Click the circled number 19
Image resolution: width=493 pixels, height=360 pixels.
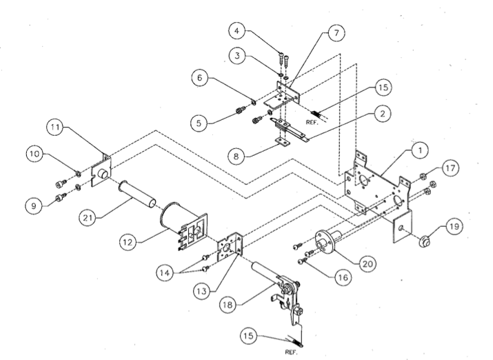452,225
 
